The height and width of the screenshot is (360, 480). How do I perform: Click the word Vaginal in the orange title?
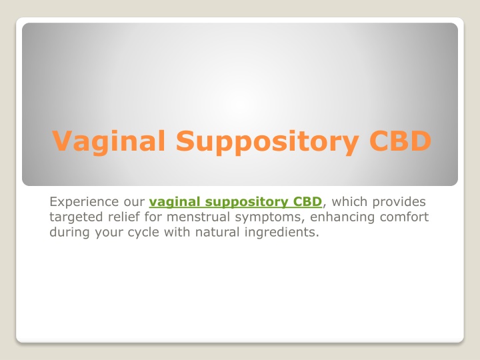(x=109, y=141)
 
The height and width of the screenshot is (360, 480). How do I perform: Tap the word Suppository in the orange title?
(x=267, y=141)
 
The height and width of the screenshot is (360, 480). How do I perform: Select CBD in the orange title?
(x=401, y=141)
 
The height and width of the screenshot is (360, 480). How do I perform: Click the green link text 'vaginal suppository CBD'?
(x=235, y=202)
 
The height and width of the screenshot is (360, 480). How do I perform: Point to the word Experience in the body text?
(x=84, y=202)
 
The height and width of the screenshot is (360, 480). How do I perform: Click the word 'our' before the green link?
(x=134, y=203)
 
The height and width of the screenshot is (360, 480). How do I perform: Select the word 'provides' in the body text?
(x=399, y=203)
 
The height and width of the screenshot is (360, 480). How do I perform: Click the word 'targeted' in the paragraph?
(x=77, y=217)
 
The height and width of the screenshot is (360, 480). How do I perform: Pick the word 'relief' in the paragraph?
(x=124, y=217)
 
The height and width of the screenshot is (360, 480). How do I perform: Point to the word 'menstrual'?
(x=199, y=217)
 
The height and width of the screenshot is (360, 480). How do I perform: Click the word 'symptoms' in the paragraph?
(x=270, y=217)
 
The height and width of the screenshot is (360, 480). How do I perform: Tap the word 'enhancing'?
(x=343, y=217)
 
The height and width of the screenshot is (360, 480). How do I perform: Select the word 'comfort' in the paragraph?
(x=404, y=217)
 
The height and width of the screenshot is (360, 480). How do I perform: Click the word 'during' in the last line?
(x=70, y=233)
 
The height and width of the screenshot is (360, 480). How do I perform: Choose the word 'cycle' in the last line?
(x=143, y=233)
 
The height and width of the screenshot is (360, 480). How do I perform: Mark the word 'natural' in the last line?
(x=217, y=232)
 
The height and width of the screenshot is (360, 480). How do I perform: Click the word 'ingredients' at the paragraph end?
(x=281, y=233)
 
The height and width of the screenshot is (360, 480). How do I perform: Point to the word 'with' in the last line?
(x=177, y=232)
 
